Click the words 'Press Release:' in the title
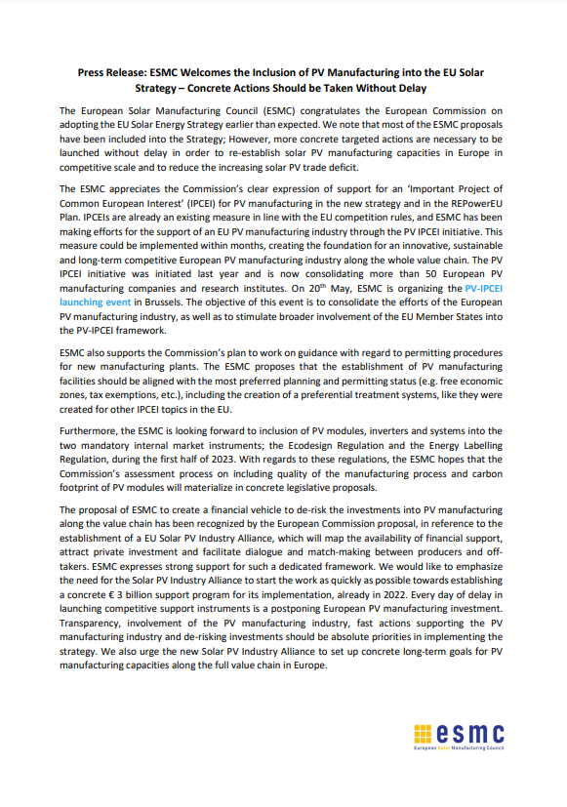[111, 73]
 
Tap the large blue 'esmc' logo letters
[472, 733]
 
